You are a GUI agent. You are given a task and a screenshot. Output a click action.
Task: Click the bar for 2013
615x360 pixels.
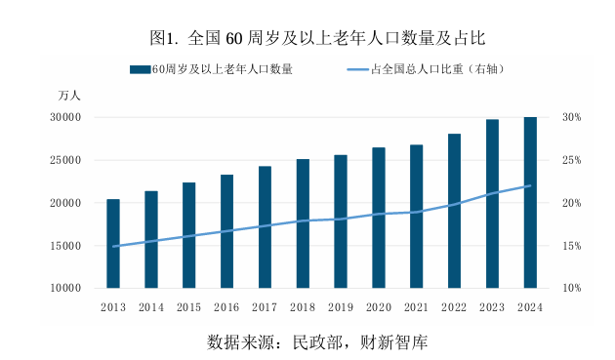[x=113, y=244]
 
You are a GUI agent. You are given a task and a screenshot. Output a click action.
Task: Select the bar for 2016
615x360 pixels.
[x=226, y=231]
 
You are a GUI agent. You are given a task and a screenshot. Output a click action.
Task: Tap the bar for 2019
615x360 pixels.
[x=341, y=221]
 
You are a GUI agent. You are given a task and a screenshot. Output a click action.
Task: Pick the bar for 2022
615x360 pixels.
[x=454, y=211]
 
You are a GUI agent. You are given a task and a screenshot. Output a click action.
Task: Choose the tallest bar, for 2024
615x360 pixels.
[x=530, y=203]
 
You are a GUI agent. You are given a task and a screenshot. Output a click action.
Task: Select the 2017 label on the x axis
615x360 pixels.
[x=265, y=307]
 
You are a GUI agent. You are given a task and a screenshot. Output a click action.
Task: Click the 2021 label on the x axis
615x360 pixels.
[x=416, y=307]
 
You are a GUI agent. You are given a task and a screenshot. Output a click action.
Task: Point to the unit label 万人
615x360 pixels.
[x=69, y=96]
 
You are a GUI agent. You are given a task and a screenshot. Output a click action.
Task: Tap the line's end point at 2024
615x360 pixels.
[x=530, y=186]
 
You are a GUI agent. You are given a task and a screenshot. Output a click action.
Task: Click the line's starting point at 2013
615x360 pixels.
[x=113, y=247]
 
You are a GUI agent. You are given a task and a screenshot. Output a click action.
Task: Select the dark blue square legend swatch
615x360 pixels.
[x=141, y=69]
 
